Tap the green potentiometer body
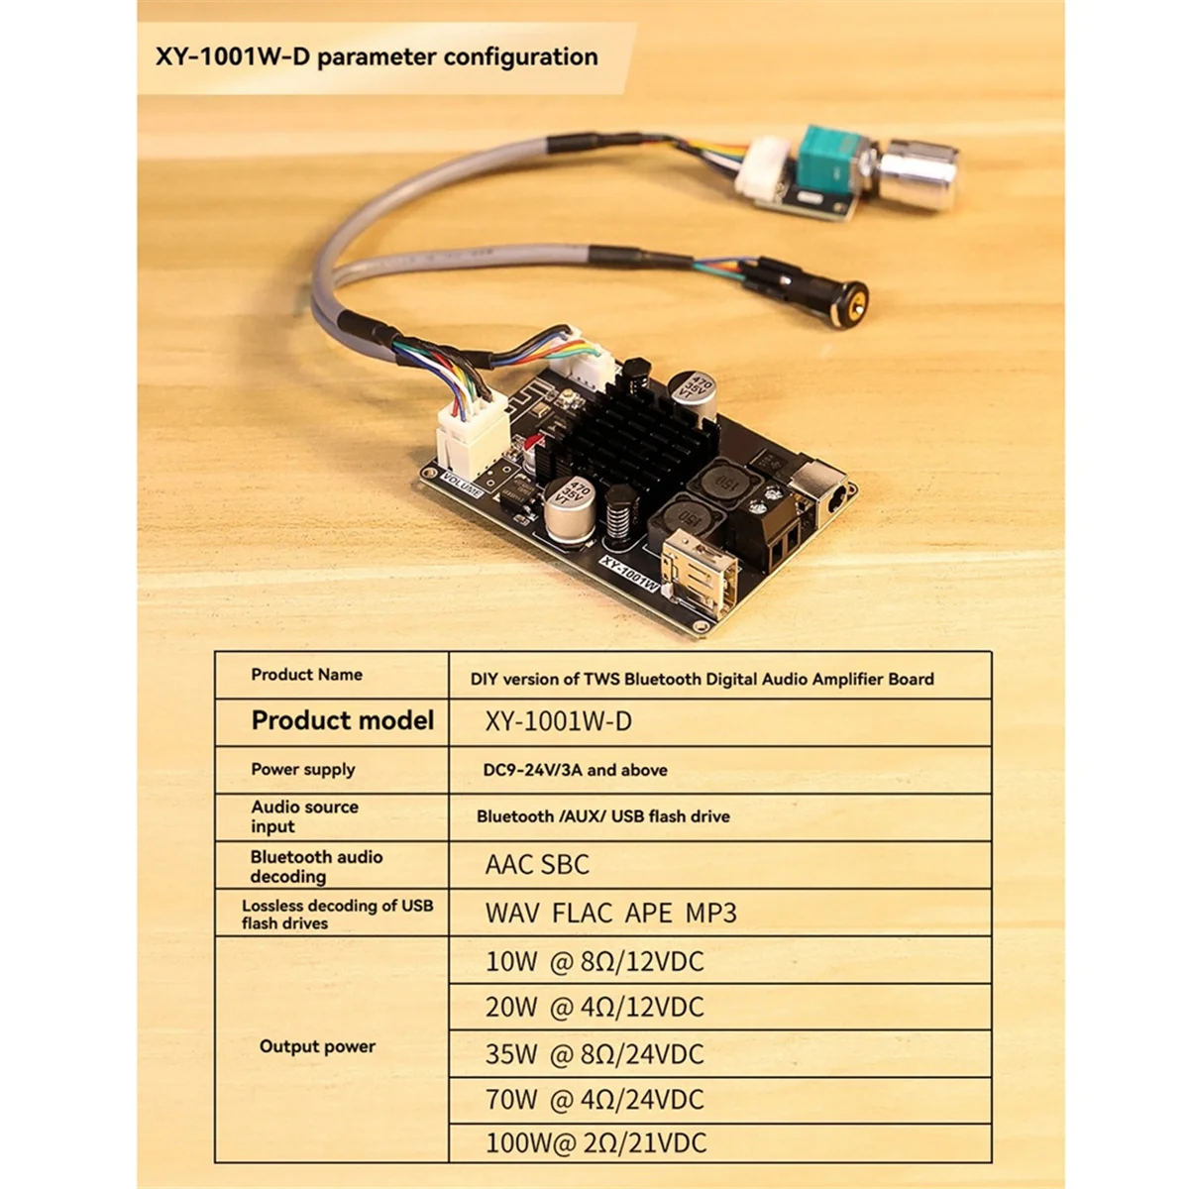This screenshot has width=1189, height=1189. [831, 161]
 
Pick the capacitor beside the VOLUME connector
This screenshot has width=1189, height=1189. [569, 504]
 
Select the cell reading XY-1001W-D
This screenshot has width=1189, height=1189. [558, 721]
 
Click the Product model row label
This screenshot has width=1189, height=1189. [342, 720]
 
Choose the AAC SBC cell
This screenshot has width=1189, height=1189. [537, 864]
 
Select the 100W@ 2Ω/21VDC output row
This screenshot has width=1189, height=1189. [595, 1142]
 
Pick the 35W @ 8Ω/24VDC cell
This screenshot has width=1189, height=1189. [594, 1053]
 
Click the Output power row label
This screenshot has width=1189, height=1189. [317, 1046]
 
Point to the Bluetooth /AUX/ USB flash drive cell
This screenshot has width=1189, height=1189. [602, 816]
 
